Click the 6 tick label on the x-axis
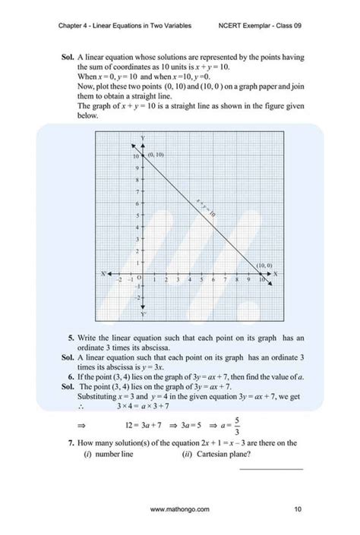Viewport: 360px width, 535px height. point(213,279)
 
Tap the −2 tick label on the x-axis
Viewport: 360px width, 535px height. point(119,279)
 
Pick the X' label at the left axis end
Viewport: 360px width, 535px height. point(103,272)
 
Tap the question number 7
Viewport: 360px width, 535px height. point(70,443)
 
